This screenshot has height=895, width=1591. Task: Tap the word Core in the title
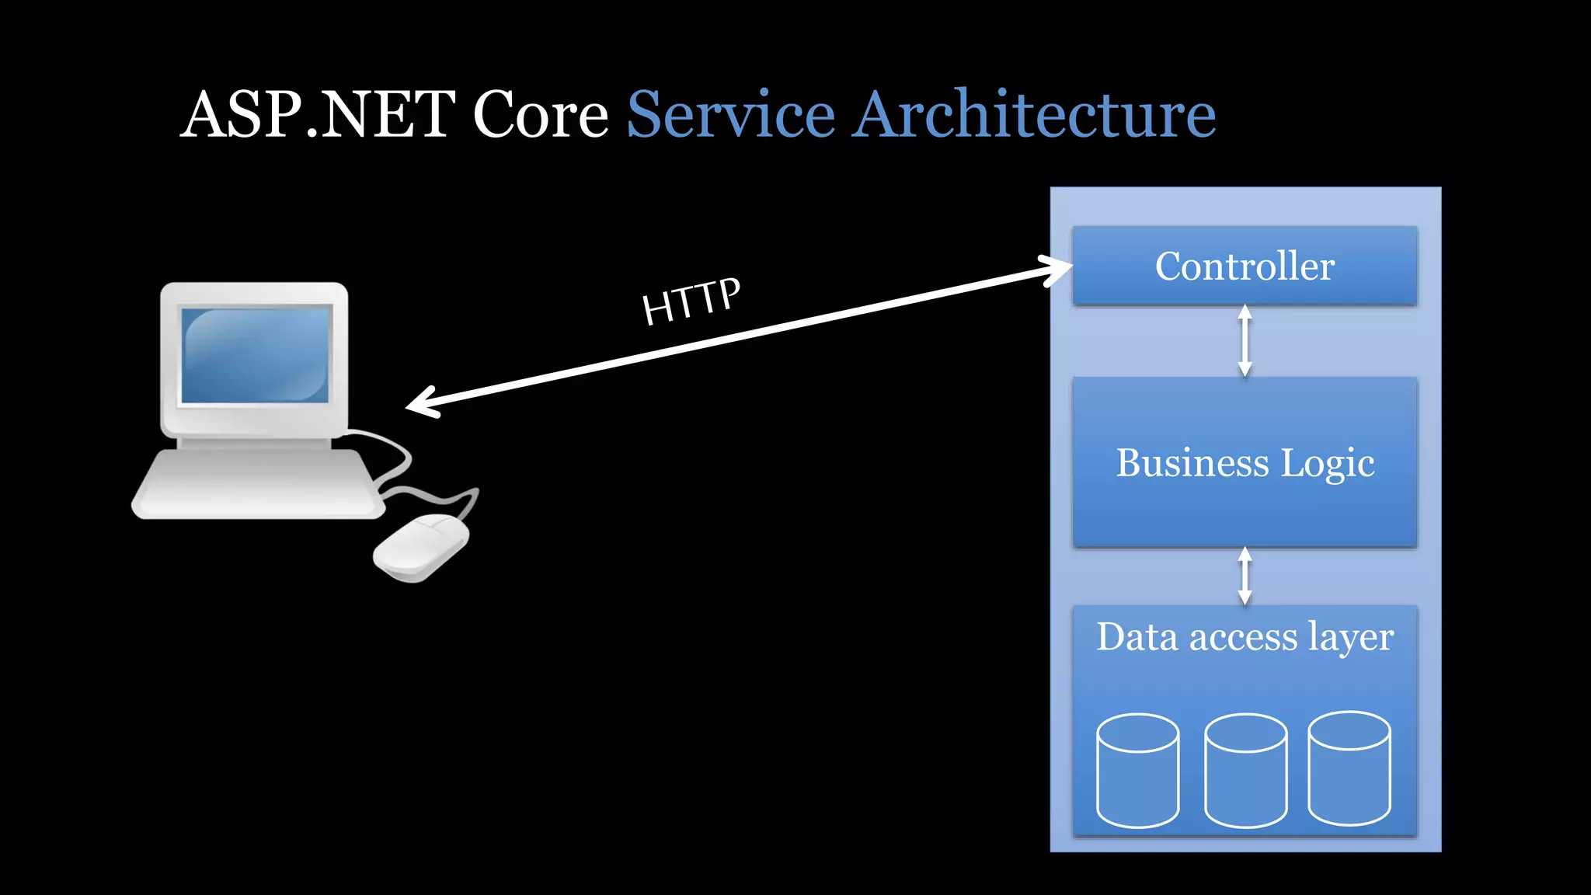click(541, 114)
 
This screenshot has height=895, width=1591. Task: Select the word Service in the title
click(730, 114)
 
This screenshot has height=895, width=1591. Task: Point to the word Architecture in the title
click(1034, 114)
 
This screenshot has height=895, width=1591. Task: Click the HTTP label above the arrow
click(691, 301)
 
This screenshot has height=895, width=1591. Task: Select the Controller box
click(1245, 266)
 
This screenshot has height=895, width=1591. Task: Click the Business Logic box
click(1245, 463)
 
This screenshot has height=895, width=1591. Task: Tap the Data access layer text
click(1245, 637)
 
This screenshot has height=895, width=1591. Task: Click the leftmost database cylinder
click(1137, 771)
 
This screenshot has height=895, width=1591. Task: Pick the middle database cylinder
click(1245, 771)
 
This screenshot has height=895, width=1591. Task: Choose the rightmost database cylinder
click(1349, 768)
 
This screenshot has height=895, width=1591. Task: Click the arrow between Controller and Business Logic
click(1245, 340)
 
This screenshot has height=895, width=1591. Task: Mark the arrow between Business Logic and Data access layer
click(1245, 576)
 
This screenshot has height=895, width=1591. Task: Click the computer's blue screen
click(256, 355)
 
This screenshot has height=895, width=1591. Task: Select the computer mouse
click(421, 548)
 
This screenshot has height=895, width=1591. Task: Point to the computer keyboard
click(259, 483)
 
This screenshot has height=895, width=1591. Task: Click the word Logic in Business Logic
click(1327, 464)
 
